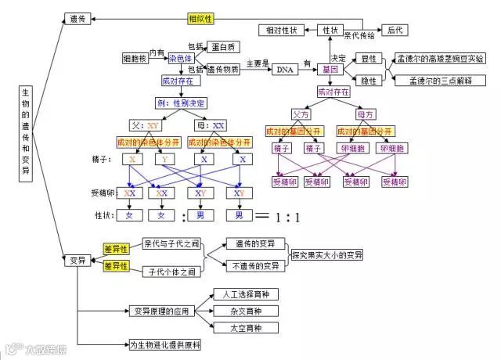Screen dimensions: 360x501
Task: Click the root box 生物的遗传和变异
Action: (x=26, y=135)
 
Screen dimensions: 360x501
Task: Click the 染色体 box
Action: (x=181, y=58)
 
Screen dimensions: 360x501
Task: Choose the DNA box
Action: (x=284, y=70)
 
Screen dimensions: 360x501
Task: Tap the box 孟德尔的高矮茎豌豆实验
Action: (x=440, y=58)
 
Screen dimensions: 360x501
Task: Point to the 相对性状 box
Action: (x=282, y=30)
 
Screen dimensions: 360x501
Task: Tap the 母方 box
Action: (x=366, y=113)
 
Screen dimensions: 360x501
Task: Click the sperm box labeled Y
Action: (x=165, y=159)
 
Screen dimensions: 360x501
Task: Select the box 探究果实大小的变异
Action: (x=327, y=255)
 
